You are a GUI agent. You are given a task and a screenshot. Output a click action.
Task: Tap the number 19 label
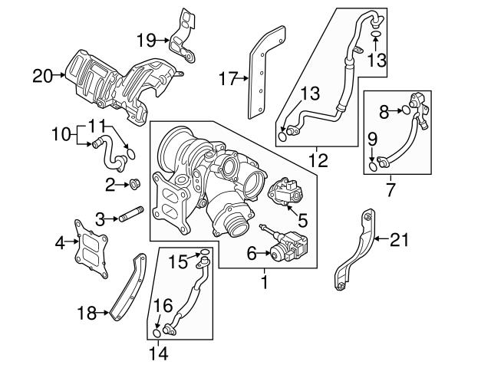pyautogui.click(x=147, y=38)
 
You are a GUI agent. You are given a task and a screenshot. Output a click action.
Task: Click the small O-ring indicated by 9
pyautogui.click(x=373, y=163)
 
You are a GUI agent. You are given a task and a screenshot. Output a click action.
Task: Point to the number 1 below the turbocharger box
pyautogui.click(x=264, y=281)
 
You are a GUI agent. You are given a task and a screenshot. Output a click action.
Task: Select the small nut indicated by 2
pyautogui.click(x=133, y=183)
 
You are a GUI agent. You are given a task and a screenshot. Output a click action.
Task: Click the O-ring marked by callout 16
pyautogui.click(x=157, y=333)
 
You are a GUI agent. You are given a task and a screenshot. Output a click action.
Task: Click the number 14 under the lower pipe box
pyautogui.click(x=157, y=353)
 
